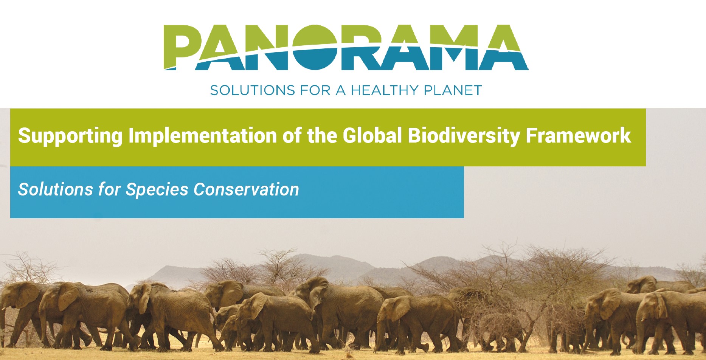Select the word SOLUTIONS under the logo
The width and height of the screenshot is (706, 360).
(x=252, y=90)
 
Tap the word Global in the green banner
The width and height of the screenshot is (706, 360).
(x=372, y=135)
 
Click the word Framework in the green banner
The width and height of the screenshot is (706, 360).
(x=578, y=135)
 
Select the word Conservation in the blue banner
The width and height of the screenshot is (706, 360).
(x=246, y=189)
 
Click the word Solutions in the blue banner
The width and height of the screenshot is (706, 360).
(x=56, y=189)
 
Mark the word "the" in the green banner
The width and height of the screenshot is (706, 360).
(x=322, y=135)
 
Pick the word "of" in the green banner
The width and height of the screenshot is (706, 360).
(x=292, y=135)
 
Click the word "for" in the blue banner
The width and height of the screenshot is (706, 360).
(x=109, y=189)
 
